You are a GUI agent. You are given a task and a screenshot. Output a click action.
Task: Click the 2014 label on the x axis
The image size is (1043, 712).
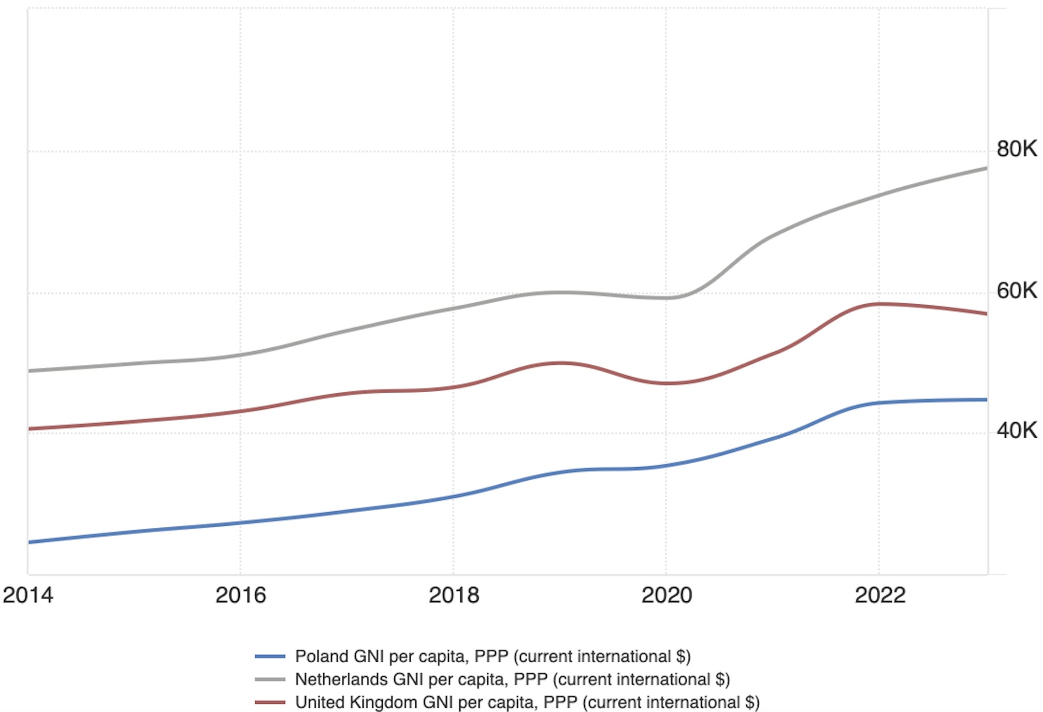click(x=28, y=595)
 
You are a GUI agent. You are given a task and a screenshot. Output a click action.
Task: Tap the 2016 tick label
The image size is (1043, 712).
click(x=240, y=595)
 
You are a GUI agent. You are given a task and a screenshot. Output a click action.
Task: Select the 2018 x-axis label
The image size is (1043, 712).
click(x=454, y=595)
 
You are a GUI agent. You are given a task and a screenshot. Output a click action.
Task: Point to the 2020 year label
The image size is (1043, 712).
click(x=667, y=595)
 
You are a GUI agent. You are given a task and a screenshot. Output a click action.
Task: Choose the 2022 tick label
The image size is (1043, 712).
click(x=880, y=595)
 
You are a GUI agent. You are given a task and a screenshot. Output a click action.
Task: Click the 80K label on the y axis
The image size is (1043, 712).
click(x=1017, y=149)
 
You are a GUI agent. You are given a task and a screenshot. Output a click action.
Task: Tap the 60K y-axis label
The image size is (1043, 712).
click(x=1017, y=291)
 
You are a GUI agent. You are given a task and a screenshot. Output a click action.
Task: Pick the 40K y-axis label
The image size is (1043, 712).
click(x=1017, y=431)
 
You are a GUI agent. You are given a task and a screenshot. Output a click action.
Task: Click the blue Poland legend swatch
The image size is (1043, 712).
click(x=270, y=657)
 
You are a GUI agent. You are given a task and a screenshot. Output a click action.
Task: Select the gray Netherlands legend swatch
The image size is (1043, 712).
click(x=270, y=679)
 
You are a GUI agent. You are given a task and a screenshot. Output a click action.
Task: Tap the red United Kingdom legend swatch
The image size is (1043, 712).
click(x=270, y=702)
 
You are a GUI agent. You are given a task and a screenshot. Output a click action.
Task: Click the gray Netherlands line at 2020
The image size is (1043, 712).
click(x=666, y=298)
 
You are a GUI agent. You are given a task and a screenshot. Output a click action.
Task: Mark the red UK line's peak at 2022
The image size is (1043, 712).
click(x=879, y=304)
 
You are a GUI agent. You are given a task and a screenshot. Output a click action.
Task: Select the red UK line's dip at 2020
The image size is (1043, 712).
click(x=666, y=383)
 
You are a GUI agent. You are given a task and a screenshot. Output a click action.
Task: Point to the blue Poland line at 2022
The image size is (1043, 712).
click(x=879, y=403)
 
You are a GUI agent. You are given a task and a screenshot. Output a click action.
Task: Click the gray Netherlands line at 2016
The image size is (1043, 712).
click(x=240, y=355)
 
